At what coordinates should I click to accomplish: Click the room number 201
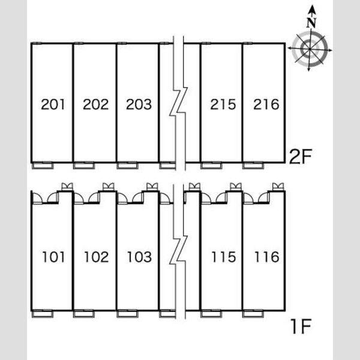[x=53, y=104]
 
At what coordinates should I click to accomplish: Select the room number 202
[x=95, y=104]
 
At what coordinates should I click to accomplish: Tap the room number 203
[x=139, y=104]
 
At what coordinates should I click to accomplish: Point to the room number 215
[x=223, y=104]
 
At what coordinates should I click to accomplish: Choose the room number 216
[x=266, y=104]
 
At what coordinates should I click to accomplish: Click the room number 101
[x=53, y=257]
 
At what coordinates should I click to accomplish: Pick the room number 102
[x=96, y=257]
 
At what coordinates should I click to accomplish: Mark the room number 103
[x=139, y=257]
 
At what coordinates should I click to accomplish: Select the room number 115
[x=224, y=257]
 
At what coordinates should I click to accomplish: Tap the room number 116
[x=267, y=257]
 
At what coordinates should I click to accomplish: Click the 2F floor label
[x=301, y=157]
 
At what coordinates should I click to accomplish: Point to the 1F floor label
[x=301, y=326]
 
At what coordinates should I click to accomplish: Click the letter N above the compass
[x=311, y=23]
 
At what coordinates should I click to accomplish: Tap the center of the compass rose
[x=310, y=49]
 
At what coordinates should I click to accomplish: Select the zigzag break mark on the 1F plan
[x=179, y=251]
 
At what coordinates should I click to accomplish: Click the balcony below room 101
[x=43, y=313]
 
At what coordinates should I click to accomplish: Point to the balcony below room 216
[x=253, y=166]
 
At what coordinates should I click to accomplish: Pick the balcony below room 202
[x=84, y=166]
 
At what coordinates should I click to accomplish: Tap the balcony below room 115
[x=211, y=313]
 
